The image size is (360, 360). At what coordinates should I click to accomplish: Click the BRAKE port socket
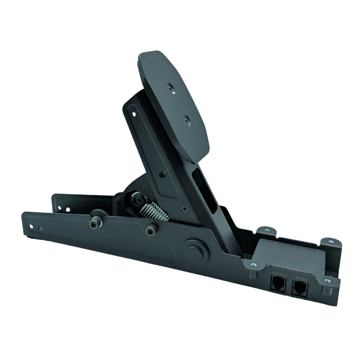coord(300,288)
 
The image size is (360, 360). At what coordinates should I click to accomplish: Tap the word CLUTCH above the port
coord(279,274)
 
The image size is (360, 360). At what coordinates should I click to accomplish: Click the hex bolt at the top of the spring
coord(137,201)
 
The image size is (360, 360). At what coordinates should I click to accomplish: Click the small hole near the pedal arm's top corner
coord(134,114)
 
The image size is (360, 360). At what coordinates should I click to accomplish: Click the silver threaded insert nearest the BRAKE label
coord(328,281)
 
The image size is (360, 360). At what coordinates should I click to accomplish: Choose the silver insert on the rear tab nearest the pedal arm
coord(267,229)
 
